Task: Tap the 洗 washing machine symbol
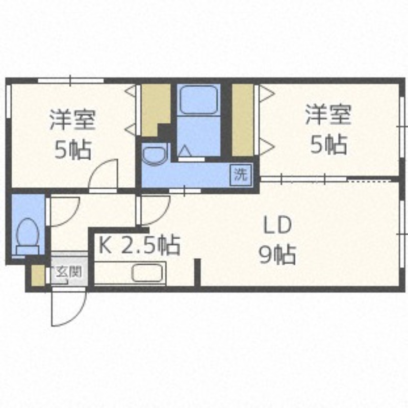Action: tap(240, 174)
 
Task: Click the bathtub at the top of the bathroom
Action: tap(199, 100)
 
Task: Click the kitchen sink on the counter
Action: tap(147, 273)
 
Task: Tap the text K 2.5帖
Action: tap(139, 246)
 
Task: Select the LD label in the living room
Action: tap(276, 225)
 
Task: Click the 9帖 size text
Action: tap(277, 254)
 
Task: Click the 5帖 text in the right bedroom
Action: tap(329, 145)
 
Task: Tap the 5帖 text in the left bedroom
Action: tap(73, 150)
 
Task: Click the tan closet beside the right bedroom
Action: tap(243, 120)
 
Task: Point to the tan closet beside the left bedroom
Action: tap(155, 110)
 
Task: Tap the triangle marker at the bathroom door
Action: tap(185, 151)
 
